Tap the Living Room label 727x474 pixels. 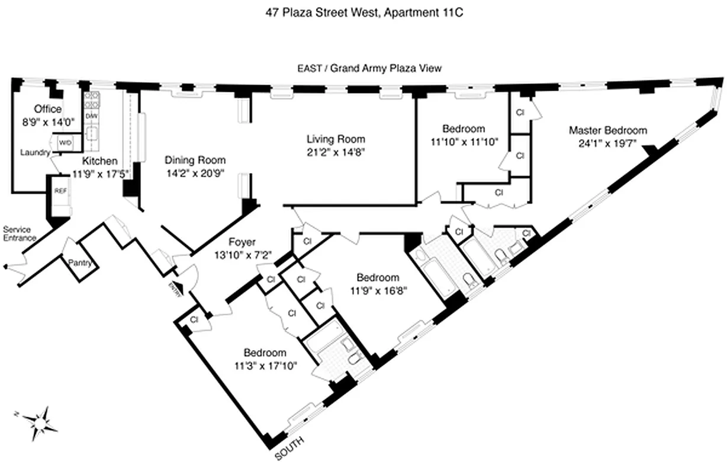tap(336, 139)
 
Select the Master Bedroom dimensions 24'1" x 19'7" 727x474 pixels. tap(608, 142)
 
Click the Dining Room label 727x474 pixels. tap(195, 160)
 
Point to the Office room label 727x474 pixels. tap(47, 109)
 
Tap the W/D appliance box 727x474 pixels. tap(65, 143)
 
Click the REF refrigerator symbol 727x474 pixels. tap(60, 191)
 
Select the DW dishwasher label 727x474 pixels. tap(92, 116)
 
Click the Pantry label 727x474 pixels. tap(80, 262)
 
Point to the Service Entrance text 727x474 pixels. tap(20, 233)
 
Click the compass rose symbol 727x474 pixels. tap(40, 421)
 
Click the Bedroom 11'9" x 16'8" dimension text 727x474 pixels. tap(377, 290)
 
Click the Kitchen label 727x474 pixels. tap(99, 161)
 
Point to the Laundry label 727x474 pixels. tap(34, 153)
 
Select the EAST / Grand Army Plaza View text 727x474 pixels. tap(369, 68)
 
